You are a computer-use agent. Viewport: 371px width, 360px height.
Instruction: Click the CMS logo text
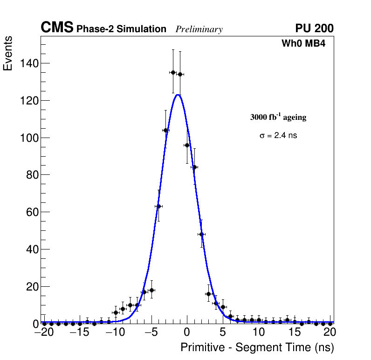click(x=57, y=28)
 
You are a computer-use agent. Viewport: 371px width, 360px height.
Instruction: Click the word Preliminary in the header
click(x=199, y=29)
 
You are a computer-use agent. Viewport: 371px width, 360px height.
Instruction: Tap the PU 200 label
click(x=314, y=28)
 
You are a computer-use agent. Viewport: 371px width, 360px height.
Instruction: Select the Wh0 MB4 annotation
click(x=303, y=43)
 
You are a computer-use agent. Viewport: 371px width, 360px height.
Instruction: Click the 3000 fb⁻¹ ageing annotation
click(x=278, y=117)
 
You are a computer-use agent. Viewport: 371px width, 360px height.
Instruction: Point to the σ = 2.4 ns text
click(x=278, y=136)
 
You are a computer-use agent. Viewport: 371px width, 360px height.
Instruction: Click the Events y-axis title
click(x=8, y=54)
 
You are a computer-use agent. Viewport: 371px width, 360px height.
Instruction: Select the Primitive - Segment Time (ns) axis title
click(x=257, y=347)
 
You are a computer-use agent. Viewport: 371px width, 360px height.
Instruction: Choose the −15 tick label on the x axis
click(x=79, y=332)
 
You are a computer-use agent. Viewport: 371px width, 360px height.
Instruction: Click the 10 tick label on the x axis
click(x=259, y=332)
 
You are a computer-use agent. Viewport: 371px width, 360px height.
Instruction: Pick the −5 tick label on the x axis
click(x=151, y=332)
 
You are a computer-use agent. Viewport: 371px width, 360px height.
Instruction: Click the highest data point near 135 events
click(x=173, y=72)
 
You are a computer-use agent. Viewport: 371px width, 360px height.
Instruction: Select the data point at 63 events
click(x=158, y=206)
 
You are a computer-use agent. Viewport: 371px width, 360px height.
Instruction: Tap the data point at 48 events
click(x=201, y=234)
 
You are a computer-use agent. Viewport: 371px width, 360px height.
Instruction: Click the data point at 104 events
click(x=165, y=130)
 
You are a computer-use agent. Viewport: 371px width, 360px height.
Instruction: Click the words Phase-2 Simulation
click(x=121, y=29)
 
